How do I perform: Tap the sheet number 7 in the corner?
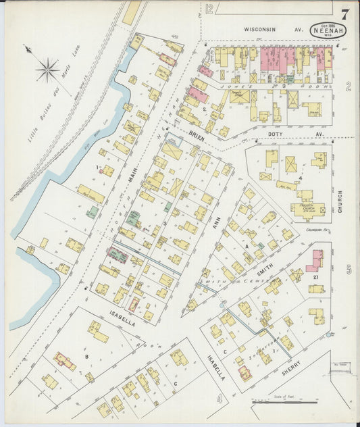345,14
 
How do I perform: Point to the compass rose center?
47,68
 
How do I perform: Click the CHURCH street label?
340,201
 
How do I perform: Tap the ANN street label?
217,229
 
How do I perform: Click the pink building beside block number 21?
314,259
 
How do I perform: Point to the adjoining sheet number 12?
209,9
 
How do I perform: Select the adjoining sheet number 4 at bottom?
218,399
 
